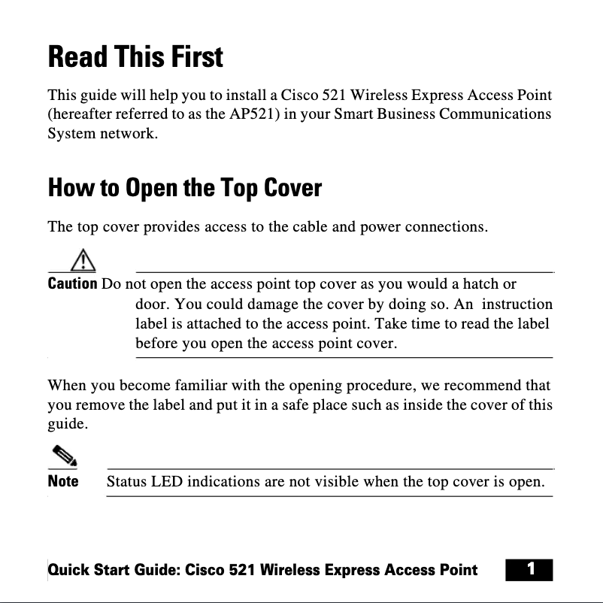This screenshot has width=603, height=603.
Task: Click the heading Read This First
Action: point(135,57)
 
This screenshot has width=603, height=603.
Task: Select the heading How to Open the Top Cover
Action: point(184,187)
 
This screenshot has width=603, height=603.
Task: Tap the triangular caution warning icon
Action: point(83,260)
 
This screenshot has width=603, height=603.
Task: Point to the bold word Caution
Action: point(72,284)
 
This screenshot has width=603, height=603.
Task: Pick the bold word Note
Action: point(63,480)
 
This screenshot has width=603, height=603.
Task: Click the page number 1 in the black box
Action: point(530,569)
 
